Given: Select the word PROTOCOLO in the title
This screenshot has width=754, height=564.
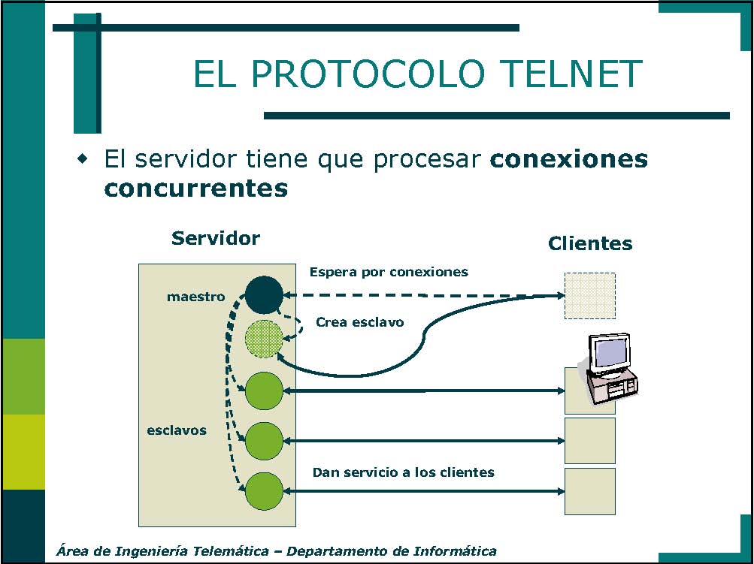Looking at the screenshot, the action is point(368,74).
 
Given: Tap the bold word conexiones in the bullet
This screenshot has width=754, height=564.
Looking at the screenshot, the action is point(569,159).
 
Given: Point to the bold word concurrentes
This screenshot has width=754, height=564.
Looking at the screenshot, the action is point(195,189).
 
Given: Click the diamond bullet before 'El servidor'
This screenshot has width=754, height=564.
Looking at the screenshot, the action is point(83,158).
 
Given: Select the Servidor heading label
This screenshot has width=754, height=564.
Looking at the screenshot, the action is point(216,238).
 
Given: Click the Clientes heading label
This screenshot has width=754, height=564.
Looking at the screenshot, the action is point(590,243).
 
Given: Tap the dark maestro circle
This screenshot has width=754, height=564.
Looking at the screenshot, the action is point(264,294).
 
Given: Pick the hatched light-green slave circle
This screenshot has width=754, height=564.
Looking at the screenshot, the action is point(264,339).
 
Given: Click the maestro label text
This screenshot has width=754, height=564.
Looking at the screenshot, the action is point(195,297).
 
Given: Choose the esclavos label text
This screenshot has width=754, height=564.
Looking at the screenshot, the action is point(177,430).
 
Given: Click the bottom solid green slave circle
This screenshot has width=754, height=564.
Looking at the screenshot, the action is point(264,491).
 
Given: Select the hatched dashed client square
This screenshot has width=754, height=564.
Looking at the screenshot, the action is point(589,295).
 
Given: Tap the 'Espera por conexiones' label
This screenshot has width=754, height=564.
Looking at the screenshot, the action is point(389,272).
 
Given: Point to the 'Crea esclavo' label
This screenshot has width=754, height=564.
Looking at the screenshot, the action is point(359,322).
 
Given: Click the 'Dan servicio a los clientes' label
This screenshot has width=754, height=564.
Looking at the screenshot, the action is point(404,472).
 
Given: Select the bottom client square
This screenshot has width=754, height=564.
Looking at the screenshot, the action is point(590,491).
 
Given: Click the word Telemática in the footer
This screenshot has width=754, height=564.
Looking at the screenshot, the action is point(230,551).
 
